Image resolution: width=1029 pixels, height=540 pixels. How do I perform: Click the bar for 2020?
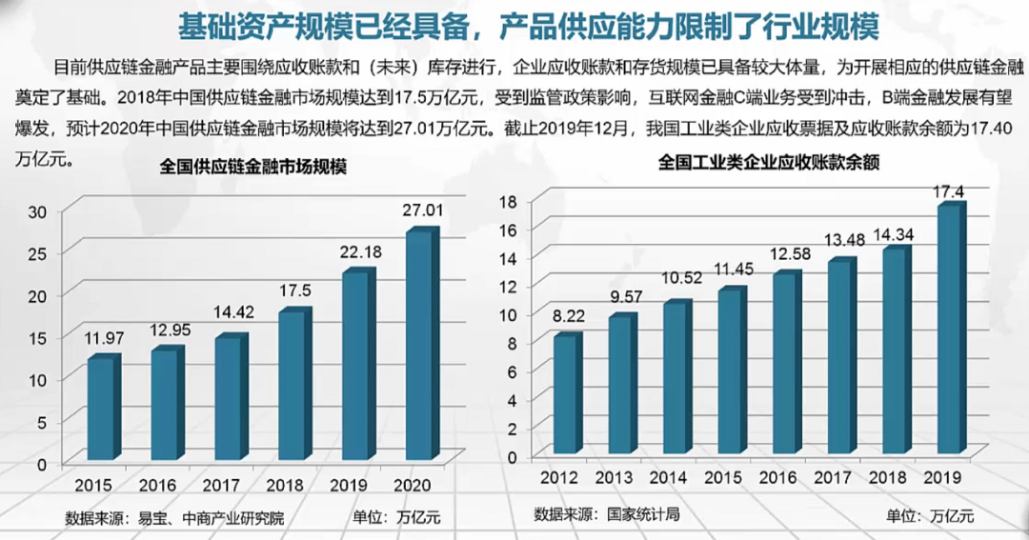tap(419, 348)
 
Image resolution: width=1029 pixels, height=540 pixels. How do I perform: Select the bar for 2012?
tap(566, 396)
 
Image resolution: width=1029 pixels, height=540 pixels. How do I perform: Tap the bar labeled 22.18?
tap(356, 368)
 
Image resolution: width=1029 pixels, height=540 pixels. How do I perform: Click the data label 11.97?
tap(103, 337)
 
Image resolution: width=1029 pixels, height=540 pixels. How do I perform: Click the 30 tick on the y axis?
tap(37, 211)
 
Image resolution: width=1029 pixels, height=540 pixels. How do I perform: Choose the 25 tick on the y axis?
tap(37, 253)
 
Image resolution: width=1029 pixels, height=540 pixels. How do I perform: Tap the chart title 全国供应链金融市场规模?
tap(252, 168)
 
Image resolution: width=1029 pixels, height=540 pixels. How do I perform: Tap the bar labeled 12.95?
tap(166, 406)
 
